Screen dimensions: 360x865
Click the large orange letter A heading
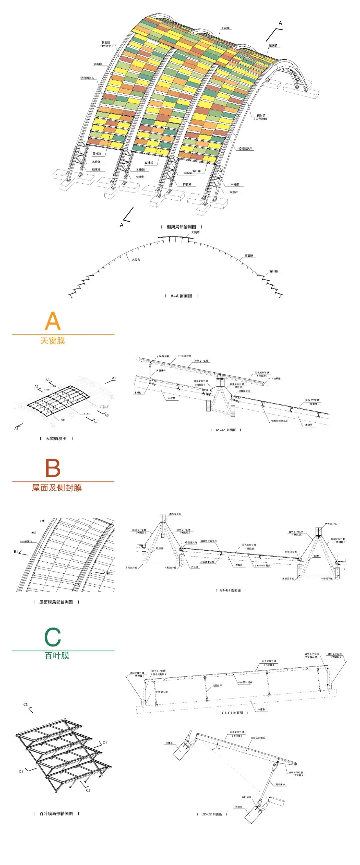[53, 321]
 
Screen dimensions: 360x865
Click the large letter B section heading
[53, 468]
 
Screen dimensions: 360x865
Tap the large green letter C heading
[53, 637]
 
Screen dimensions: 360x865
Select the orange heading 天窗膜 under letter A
[53, 341]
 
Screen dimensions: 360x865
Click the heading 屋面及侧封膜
[57, 488]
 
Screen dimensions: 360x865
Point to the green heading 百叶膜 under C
[57, 655]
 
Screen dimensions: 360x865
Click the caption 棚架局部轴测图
[181, 227]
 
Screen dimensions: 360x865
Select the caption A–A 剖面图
[181, 296]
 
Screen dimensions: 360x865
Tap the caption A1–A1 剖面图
[226, 430]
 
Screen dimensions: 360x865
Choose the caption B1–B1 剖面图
[230, 590]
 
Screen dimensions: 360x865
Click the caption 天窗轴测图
[56, 438]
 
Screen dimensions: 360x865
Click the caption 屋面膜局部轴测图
[56, 602]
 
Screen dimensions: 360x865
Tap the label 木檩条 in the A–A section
[136, 260]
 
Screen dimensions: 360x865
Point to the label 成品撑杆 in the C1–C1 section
[217, 686]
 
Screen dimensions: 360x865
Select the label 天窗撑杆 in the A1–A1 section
[161, 371]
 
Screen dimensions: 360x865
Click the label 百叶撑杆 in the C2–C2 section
[280, 784]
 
